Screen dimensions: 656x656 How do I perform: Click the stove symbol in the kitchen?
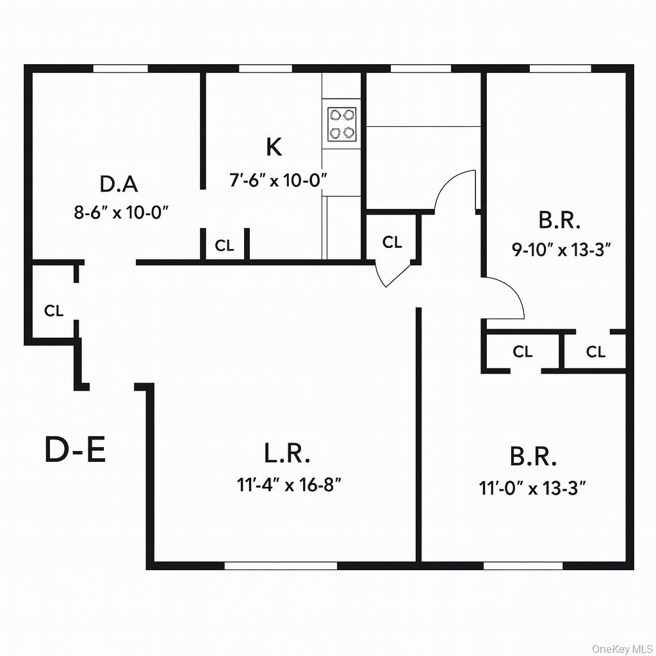point(341,124)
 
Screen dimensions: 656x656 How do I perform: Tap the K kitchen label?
point(274,147)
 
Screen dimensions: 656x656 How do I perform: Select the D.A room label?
point(119,184)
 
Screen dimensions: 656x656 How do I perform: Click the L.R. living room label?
point(287,454)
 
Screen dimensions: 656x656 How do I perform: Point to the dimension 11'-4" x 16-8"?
point(288,485)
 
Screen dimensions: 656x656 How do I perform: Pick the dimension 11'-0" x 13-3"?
point(533,489)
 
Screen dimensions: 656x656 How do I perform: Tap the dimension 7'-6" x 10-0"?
point(279,181)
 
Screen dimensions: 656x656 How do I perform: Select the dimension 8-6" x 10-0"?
point(121,213)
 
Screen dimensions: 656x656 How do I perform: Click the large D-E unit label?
point(75,450)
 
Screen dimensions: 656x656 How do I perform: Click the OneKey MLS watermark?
point(621,648)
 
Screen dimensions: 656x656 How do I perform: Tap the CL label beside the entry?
point(54,311)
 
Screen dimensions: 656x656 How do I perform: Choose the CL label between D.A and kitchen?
point(224,246)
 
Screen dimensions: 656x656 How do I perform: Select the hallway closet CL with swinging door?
point(392,242)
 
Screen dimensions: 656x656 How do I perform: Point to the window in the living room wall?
point(281,566)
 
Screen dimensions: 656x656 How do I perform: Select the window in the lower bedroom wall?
point(523,566)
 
